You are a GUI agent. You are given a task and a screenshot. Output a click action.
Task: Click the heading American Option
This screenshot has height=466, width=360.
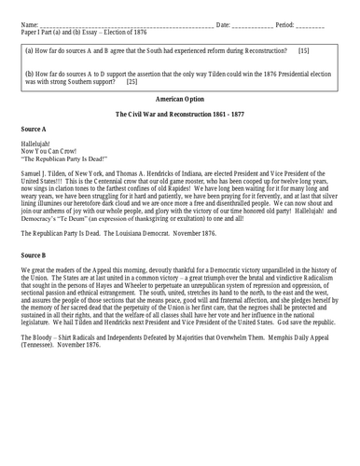180,96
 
